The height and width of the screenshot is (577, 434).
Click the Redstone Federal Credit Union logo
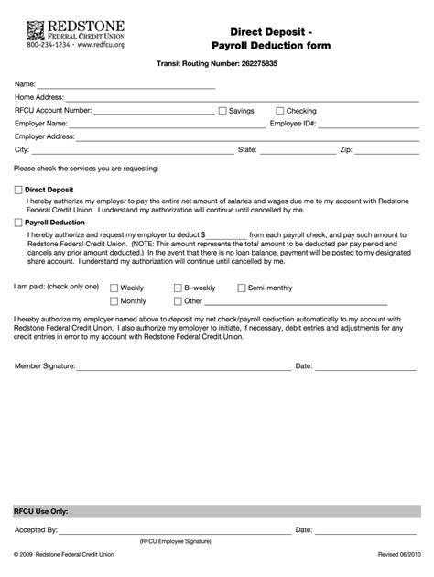click(x=63, y=32)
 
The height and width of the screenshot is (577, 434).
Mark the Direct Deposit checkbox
click(x=18, y=190)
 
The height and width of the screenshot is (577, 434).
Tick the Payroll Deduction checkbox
click(x=18, y=222)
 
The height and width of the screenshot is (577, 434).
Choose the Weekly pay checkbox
click(x=114, y=288)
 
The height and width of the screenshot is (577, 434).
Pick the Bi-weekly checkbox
click(x=178, y=288)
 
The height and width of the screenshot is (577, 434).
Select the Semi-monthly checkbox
click(x=242, y=288)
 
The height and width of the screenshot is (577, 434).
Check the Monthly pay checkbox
click(x=114, y=300)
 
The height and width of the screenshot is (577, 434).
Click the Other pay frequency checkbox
click(x=178, y=300)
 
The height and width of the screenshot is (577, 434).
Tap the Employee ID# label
click(x=292, y=123)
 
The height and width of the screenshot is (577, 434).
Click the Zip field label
click(x=346, y=148)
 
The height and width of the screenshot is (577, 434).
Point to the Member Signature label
click(x=45, y=366)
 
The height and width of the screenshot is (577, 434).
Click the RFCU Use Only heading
click(x=40, y=510)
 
